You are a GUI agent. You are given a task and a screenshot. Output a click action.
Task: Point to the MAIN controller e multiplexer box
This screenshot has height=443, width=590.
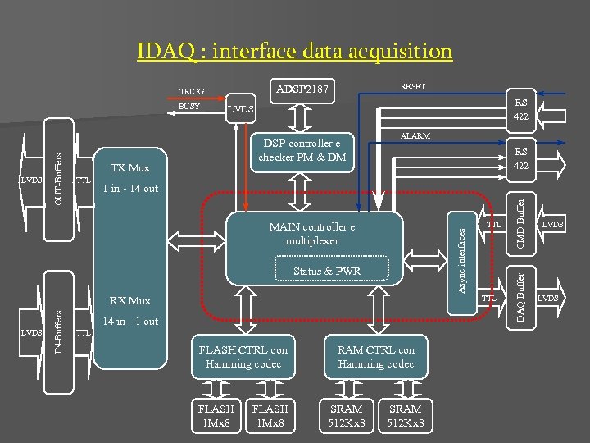coord(311,233)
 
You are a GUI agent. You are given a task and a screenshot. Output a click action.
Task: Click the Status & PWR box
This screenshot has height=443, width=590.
coord(326,272)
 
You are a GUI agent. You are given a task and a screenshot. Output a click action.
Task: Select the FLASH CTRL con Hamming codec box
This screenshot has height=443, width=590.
coord(243,357)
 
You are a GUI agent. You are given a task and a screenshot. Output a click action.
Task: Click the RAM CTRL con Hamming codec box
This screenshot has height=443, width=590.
coord(376,357)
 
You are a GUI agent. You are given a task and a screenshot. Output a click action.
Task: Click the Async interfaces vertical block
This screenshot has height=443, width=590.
coord(461,261)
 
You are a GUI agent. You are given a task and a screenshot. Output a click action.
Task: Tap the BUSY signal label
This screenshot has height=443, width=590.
coord(188,106)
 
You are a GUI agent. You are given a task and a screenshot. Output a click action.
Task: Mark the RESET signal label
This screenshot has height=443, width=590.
coord(412,86)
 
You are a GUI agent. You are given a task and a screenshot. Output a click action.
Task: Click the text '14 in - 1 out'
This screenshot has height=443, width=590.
coord(130,321)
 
